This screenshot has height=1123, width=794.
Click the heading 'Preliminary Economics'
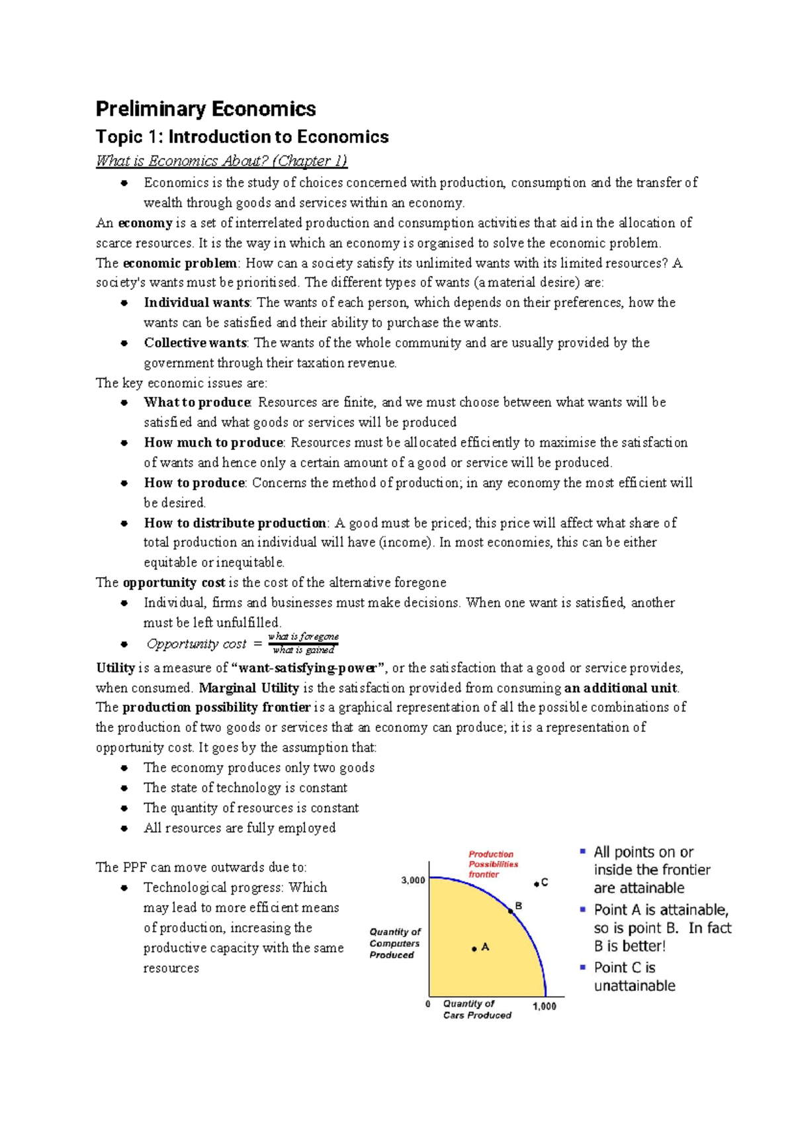coord(206,109)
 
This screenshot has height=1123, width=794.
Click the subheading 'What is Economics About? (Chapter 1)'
coord(221,161)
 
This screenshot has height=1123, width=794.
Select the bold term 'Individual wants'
coord(197,302)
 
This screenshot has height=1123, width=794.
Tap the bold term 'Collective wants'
coord(195,343)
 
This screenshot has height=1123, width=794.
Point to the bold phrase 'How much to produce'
coord(214,443)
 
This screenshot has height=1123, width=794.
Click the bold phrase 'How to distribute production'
coord(235,523)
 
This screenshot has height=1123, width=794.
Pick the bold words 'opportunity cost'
coord(174,582)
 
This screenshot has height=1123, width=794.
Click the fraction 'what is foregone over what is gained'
coord(303,643)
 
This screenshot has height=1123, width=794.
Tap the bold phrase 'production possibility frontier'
coord(216,707)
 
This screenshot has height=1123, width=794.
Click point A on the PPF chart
coord(474,949)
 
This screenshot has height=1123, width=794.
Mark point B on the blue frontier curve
coord(511,911)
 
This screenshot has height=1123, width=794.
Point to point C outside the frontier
coord(537,884)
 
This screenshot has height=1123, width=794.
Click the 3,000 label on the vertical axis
coord(413,880)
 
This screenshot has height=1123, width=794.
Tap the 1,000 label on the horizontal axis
coord(545,1007)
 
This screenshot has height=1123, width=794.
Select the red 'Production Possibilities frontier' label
coord(493,864)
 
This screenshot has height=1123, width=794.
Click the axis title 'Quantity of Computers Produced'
coord(395,943)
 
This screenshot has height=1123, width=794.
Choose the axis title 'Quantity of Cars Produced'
coord(476,1009)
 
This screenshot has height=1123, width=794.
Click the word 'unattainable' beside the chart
coord(634,986)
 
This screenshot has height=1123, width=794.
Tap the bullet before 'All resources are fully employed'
coord(124,828)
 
